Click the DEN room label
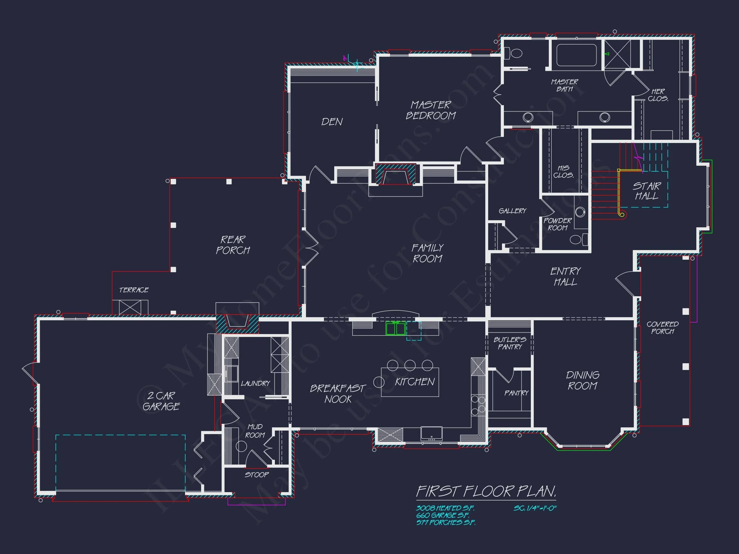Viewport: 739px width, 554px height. click(x=332, y=122)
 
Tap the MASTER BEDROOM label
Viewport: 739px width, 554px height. click(x=431, y=111)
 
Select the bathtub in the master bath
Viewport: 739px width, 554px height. click(x=576, y=55)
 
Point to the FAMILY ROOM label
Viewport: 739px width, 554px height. click(x=427, y=253)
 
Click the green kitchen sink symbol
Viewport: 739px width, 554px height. click(x=395, y=329)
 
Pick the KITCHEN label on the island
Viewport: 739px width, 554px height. click(x=415, y=382)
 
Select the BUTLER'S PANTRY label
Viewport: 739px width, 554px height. click(x=510, y=343)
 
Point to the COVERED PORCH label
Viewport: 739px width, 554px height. click(x=662, y=328)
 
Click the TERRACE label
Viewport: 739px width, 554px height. click(x=134, y=290)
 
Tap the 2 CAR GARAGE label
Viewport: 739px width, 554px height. click(x=161, y=401)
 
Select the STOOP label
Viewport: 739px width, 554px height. click(x=256, y=475)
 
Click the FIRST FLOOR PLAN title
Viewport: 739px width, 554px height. click(x=486, y=491)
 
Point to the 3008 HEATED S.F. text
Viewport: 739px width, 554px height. click(x=445, y=508)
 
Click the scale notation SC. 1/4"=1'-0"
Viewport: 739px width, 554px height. click(x=535, y=508)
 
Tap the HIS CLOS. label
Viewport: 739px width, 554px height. click(x=563, y=172)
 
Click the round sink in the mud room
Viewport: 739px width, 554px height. click(x=241, y=446)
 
